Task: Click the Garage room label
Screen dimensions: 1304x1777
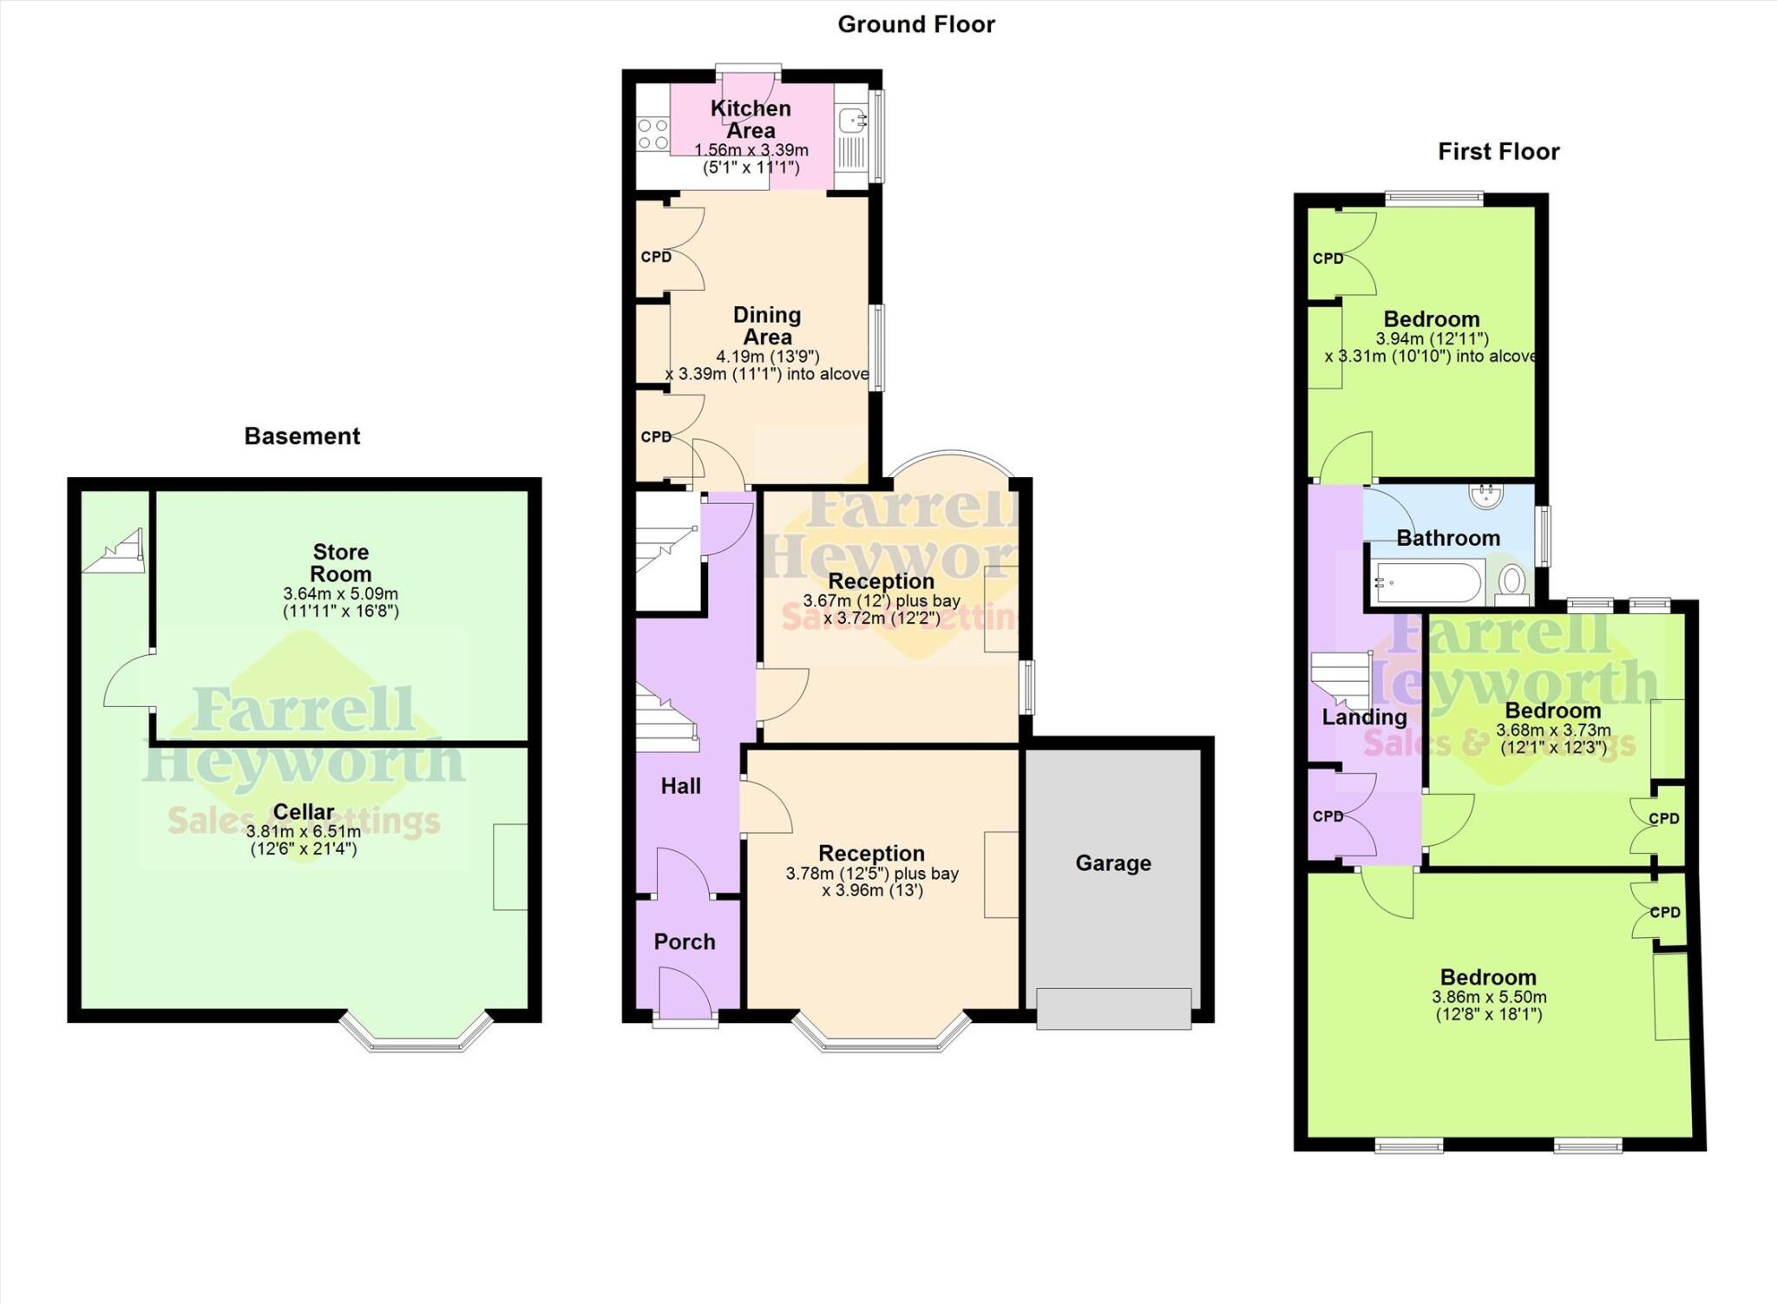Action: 1113,863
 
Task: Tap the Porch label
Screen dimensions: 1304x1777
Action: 684,941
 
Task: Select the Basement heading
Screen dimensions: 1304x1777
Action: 302,436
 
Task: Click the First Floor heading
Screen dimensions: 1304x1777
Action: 1498,152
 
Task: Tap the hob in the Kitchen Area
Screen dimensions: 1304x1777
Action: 652,134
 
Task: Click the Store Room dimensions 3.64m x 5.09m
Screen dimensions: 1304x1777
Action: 340,594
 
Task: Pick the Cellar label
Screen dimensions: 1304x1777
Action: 303,811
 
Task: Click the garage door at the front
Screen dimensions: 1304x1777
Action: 1113,1008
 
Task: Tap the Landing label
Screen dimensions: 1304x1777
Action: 1364,717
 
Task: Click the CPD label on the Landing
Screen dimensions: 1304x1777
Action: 1328,816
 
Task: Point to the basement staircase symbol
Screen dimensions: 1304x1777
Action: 115,553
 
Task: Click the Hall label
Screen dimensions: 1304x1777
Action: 680,786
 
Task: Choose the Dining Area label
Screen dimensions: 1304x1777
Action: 767,325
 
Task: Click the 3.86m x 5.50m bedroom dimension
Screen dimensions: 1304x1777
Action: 1489,998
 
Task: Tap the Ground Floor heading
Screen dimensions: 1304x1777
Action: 915,24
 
